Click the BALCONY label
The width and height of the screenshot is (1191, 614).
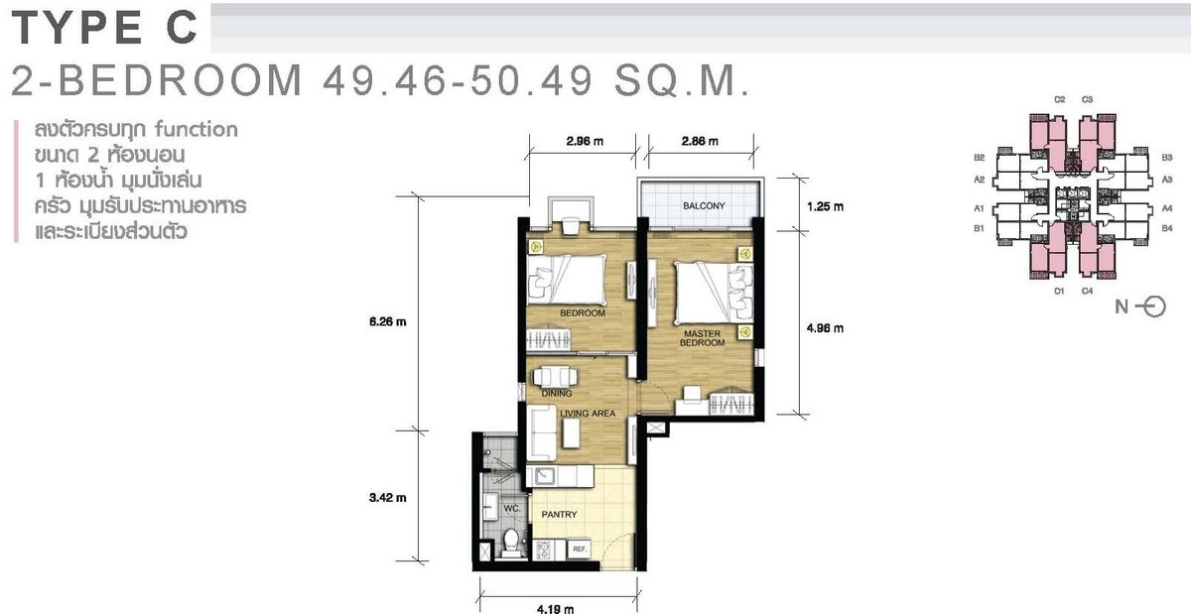(704, 205)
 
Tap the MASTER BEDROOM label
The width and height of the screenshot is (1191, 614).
(702, 338)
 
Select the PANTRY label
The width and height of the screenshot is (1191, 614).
(559, 514)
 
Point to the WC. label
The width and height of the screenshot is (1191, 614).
(512, 508)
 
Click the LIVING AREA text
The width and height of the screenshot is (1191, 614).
(588, 413)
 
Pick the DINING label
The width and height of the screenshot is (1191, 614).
(557, 394)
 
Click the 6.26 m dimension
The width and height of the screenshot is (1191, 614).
(388, 321)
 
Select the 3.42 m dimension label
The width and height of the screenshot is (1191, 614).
(388, 498)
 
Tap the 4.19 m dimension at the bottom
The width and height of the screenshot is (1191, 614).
(555, 609)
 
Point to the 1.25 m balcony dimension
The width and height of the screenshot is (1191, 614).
(825, 206)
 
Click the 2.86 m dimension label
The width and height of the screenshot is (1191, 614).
(700, 141)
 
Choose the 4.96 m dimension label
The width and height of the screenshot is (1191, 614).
(825, 328)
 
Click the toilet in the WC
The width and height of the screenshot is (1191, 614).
(512, 543)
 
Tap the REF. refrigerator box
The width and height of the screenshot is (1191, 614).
(580, 549)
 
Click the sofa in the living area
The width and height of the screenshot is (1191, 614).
(542, 432)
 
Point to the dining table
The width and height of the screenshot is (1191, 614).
(556, 377)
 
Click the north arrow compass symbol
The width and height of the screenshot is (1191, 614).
(1153, 307)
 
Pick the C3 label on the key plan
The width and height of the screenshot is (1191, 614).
(1087, 99)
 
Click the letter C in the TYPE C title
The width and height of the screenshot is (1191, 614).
(182, 28)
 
